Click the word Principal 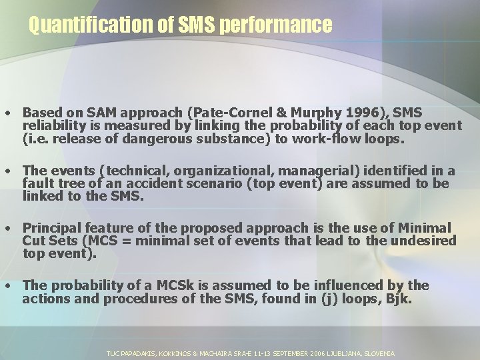point(53,228)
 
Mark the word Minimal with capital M point(420,228)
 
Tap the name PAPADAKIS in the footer point(136,353)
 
